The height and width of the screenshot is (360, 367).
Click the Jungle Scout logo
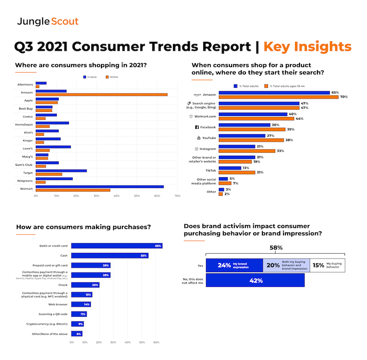[48, 21]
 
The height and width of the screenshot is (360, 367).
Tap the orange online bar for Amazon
[101, 94]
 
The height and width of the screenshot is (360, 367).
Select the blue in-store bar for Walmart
[100, 186]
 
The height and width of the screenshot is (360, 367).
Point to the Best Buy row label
[25, 108]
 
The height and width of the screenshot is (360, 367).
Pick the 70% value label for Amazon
[343, 97]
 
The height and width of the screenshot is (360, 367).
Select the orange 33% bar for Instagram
[247, 151]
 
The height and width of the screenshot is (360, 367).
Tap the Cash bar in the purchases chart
[110, 255]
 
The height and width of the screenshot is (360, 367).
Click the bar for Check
[85, 285]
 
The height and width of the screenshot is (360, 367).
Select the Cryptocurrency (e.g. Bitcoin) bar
[77, 324]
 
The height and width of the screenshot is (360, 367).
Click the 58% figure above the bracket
[275, 247]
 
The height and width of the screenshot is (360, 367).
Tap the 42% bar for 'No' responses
[255, 280]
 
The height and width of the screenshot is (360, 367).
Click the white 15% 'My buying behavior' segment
[328, 265]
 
